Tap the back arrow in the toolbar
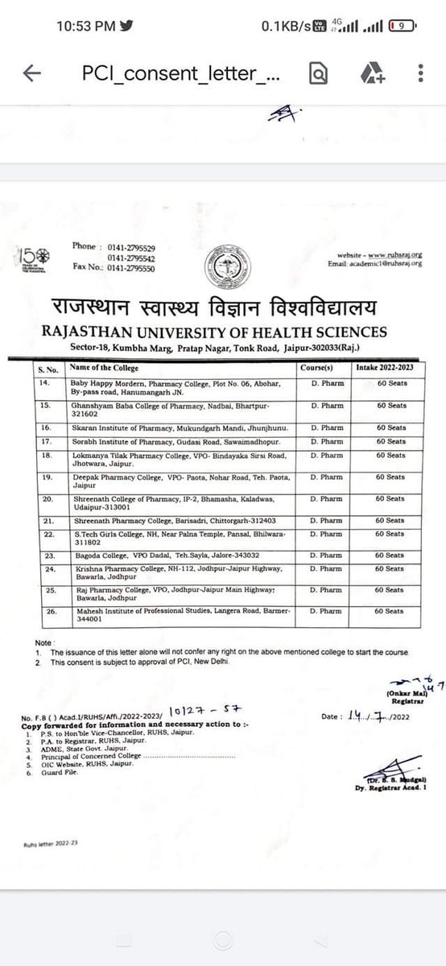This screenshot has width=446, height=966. click(32, 73)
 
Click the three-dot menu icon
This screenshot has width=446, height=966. click(421, 73)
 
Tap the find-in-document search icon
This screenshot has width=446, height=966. click(319, 73)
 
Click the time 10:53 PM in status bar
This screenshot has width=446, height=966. click(86, 25)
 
